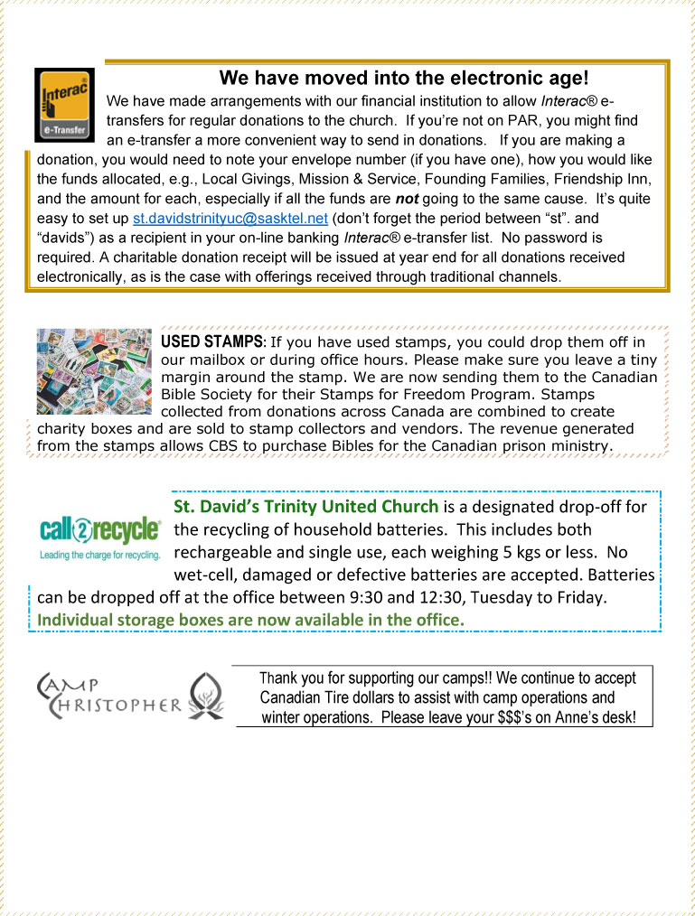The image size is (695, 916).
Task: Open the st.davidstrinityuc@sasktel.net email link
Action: point(230,219)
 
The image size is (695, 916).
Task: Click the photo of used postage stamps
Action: point(94,371)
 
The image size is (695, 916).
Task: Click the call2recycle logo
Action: point(100,531)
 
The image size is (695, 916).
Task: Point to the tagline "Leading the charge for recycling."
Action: point(100,554)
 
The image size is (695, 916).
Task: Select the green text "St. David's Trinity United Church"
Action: point(305,506)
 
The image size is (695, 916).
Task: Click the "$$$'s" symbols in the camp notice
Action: point(521,717)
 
